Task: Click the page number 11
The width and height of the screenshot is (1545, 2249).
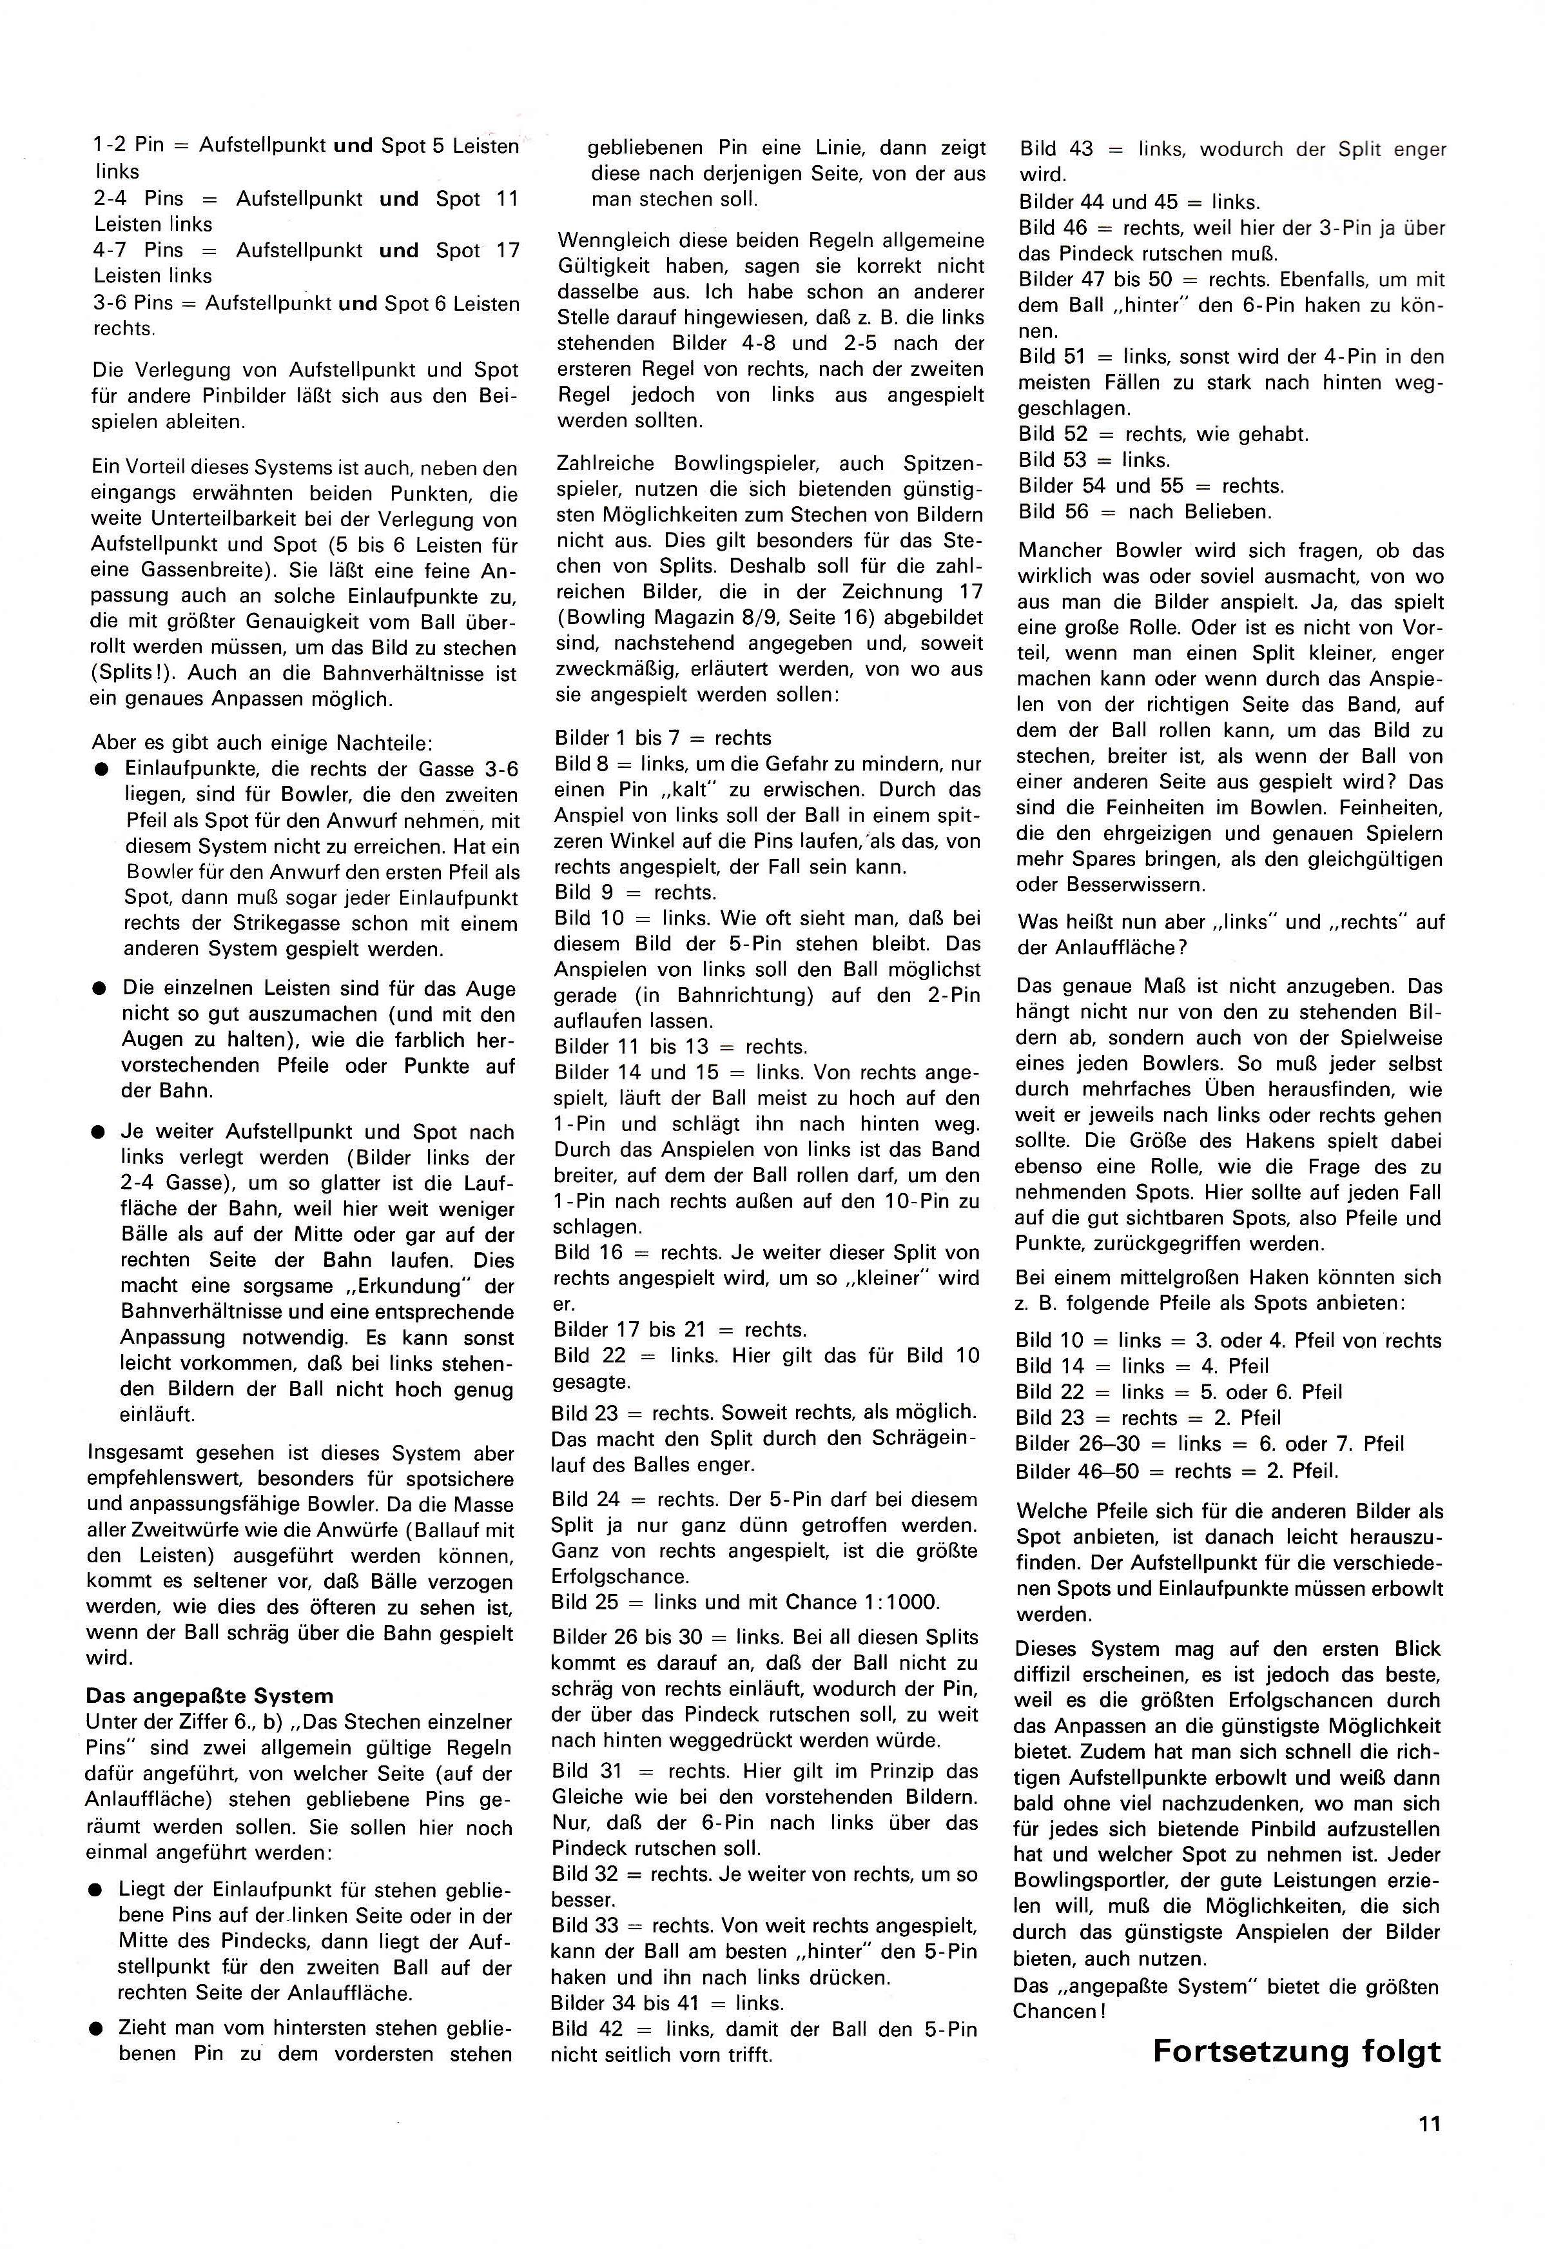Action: coord(1430,2124)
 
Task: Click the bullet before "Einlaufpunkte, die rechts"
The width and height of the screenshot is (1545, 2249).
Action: coord(101,770)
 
